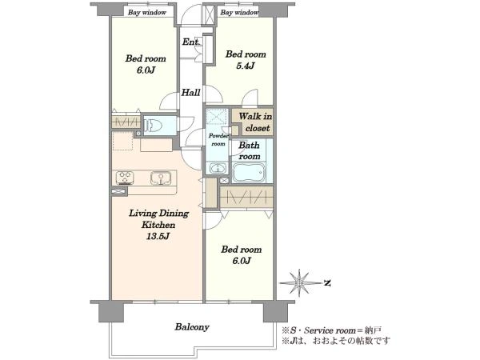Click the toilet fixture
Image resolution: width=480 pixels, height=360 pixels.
(154, 126)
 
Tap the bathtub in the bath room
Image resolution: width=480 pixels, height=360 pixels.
(249, 172)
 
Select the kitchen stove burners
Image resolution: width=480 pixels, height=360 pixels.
(125, 178)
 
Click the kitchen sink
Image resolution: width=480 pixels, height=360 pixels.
(161, 178)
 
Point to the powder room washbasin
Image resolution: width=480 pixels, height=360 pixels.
(218, 168)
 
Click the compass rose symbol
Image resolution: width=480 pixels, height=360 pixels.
(299, 283)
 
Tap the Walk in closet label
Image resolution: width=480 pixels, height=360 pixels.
(256, 122)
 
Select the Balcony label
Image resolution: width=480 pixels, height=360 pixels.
(192, 327)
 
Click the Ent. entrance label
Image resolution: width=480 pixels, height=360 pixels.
(191, 42)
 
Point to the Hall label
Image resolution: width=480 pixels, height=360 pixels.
(190, 92)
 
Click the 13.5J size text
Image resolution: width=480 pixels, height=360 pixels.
(158, 236)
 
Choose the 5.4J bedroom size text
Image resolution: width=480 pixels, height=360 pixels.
(246, 66)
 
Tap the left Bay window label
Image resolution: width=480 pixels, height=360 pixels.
(147, 13)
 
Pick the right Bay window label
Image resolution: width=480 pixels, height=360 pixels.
(239, 13)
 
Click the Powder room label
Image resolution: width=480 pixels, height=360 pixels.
(218, 139)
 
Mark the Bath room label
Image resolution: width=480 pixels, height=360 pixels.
(249, 150)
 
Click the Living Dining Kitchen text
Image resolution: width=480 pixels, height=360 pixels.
(158, 219)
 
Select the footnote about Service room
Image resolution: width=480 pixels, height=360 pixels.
(331, 330)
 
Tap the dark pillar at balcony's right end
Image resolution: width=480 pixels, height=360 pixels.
(275, 312)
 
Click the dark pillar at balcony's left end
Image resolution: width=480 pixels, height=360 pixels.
(111, 312)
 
